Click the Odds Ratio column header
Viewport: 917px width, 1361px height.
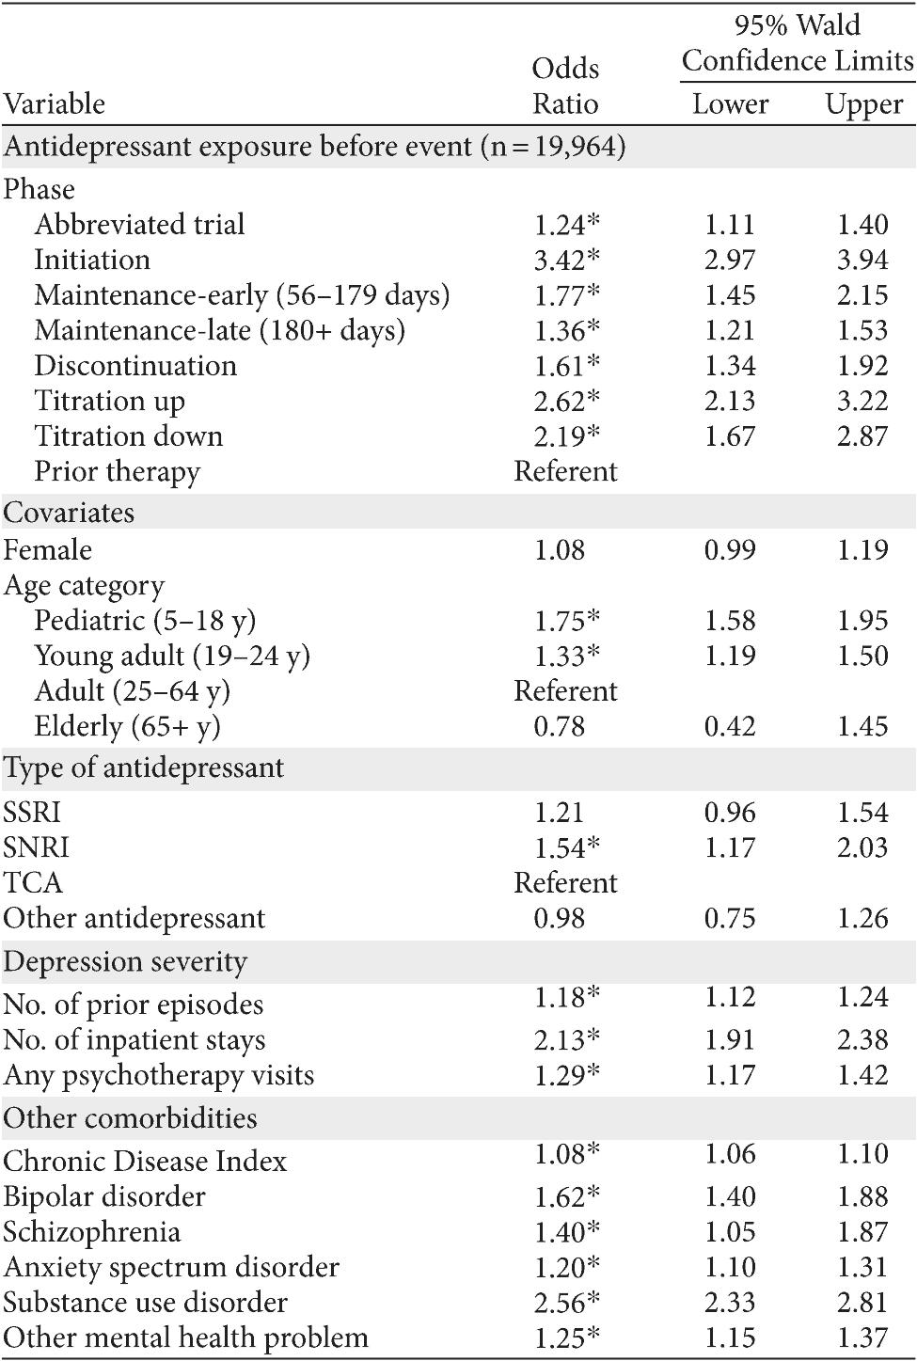coord(565,86)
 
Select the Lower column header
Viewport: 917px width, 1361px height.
coord(730,103)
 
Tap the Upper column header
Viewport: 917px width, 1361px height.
coord(863,103)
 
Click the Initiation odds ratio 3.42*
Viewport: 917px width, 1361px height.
coord(566,260)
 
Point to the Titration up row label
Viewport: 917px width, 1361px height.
coord(109,401)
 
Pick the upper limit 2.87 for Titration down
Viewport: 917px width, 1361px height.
coord(862,436)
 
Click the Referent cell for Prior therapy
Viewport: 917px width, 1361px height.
coord(565,471)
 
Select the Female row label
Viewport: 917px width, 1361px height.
coord(48,549)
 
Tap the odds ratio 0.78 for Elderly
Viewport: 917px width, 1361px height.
coord(559,726)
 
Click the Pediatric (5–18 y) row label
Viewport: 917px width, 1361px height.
coord(145,621)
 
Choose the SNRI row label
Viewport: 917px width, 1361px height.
coord(37,847)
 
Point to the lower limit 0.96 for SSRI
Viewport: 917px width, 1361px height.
coord(730,813)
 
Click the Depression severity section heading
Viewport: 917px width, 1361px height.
coord(125,961)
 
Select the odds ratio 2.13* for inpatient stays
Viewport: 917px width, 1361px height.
coord(566,1039)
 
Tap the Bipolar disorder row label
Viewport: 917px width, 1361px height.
coord(104,1196)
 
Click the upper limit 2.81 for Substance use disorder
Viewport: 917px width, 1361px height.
coord(862,1302)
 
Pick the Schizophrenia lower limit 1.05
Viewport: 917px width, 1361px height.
coord(730,1232)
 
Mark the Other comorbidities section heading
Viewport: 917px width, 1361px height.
coord(130,1118)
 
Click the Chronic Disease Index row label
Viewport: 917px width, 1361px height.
coord(145,1162)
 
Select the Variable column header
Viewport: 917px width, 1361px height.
coord(55,103)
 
